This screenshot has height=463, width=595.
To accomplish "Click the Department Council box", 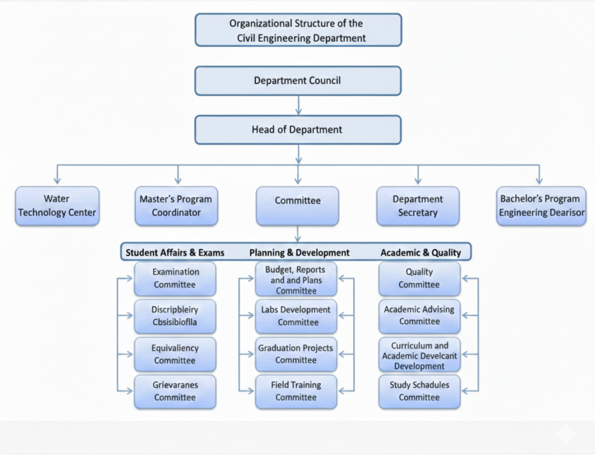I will [x=297, y=81].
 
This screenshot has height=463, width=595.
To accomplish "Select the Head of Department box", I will [x=297, y=130].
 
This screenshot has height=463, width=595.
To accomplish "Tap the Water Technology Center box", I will [x=57, y=206].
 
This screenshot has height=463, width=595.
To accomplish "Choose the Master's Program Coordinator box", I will [x=176, y=206].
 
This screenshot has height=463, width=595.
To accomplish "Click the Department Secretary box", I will [x=418, y=206].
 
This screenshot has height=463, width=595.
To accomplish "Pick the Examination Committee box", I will [x=175, y=279].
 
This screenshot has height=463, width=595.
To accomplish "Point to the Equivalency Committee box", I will [x=175, y=354].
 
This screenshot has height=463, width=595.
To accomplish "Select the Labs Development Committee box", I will [x=296, y=316].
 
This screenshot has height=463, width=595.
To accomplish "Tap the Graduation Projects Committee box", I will [x=296, y=354].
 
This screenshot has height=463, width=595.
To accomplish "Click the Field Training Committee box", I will [x=296, y=391].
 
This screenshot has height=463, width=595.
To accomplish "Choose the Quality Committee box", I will [x=420, y=279].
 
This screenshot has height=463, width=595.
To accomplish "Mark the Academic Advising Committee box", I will [x=420, y=316].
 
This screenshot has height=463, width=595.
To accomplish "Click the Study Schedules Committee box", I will [x=420, y=391].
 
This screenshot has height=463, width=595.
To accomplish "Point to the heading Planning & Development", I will [x=299, y=252].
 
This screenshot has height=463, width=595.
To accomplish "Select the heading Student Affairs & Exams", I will [x=175, y=252].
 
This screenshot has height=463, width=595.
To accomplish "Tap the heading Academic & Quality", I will [x=421, y=252].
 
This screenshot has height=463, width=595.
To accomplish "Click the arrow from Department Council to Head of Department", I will [x=298, y=105].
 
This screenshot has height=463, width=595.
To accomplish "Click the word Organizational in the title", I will [x=260, y=24].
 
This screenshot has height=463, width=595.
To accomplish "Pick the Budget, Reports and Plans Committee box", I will [x=296, y=280].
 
